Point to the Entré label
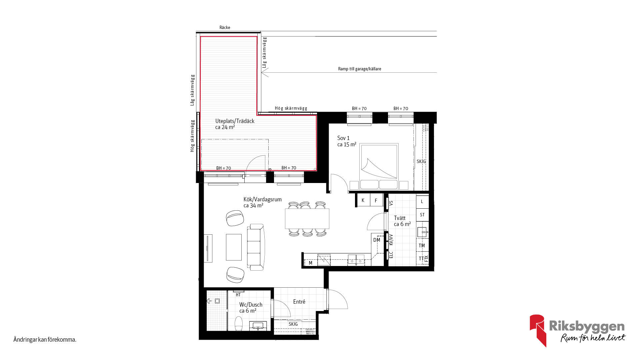(299, 302)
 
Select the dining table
(307, 219)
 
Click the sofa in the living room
(256, 247)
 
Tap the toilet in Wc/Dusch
(239, 323)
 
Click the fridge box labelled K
(363, 200)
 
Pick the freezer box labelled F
(376, 200)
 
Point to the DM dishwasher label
(377, 240)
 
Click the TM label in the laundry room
(422, 246)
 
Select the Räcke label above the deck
(225, 27)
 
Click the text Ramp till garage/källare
(360, 69)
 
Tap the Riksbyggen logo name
(587, 326)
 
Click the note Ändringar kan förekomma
(45, 340)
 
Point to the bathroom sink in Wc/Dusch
(258, 326)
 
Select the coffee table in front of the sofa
(234, 247)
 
